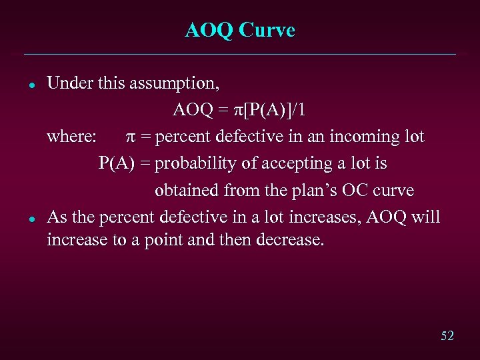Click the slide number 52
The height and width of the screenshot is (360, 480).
447,336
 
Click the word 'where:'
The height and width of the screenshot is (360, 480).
72,137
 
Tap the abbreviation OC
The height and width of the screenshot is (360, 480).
358,191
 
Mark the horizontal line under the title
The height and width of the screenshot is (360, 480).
240,54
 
